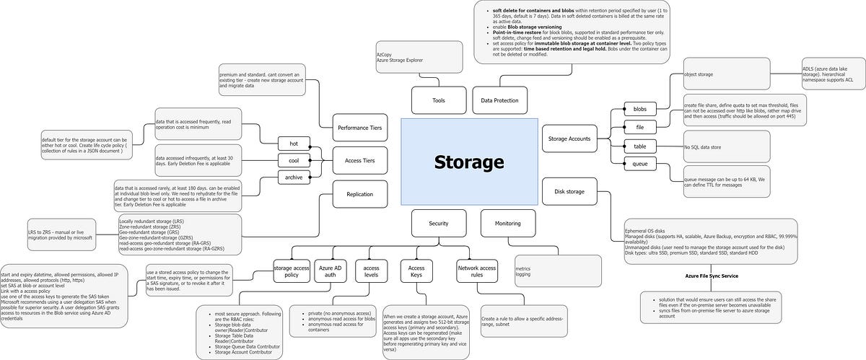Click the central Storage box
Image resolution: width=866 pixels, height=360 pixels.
point(469,161)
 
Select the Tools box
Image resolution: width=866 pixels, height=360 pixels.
point(438,100)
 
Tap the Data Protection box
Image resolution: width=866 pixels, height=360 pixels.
point(500,100)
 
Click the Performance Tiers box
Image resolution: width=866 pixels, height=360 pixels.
point(360,128)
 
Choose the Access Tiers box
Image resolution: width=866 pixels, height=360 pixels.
point(360,161)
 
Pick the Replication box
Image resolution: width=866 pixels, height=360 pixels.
point(360,194)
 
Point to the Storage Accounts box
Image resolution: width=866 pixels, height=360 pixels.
point(569,139)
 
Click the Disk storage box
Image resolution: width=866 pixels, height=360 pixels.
point(569,192)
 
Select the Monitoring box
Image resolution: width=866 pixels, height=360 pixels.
point(508,224)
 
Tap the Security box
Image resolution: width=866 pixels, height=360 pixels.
point(438,224)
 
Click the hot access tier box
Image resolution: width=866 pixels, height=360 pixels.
point(293,144)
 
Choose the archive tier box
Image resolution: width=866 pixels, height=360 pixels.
point(293,177)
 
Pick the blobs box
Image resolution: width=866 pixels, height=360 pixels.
point(639,110)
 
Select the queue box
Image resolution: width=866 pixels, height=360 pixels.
point(639,164)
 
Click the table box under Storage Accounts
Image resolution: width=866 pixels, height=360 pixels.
point(639,146)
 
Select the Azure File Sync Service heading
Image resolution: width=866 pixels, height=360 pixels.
point(712,276)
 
